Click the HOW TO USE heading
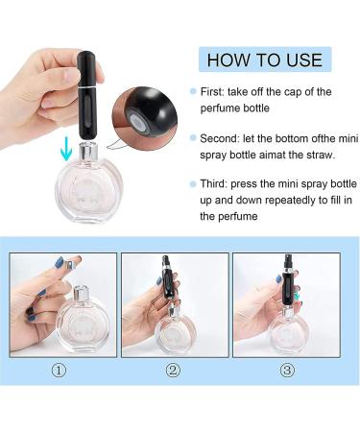pyautogui.click(x=265, y=60)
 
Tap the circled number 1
pyautogui.click(x=60, y=371)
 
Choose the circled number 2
pyautogui.click(x=173, y=371)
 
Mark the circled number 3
pyautogui.click(x=287, y=371)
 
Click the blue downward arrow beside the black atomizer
pyautogui.click(x=66, y=148)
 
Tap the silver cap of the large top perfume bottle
pyautogui.click(x=88, y=153)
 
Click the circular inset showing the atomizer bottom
pyautogui.click(x=145, y=116)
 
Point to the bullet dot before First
pyautogui.click(x=193, y=91)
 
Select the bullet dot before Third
pyautogui.click(x=193, y=184)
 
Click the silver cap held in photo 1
pyautogui.click(x=73, y=262)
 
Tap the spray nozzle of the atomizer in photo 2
pyautogui.click(x=165, y=260)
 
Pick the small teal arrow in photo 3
pyautogui.click(x=298, y=296)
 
